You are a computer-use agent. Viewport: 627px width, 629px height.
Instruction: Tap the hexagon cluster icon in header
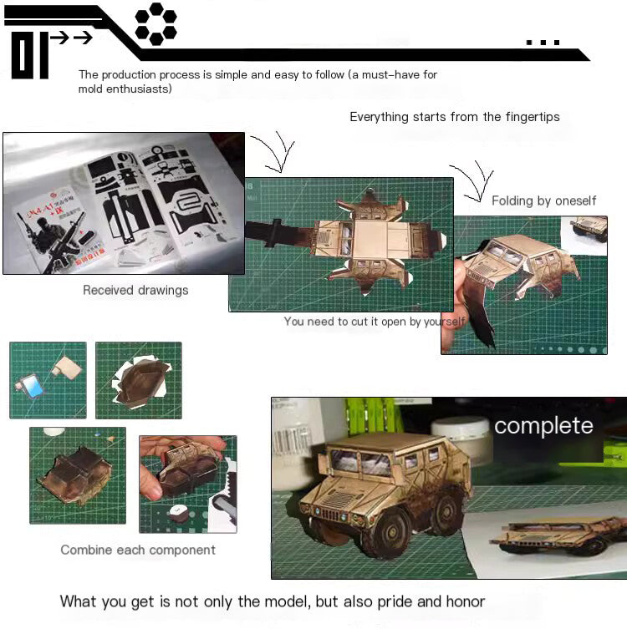pos(155,23)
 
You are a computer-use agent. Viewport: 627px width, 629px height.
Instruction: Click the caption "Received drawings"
pos(135,291)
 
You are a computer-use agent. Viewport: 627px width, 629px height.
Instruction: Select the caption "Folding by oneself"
pos(543,200)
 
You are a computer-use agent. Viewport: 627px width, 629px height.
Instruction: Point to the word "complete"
pos(543,426)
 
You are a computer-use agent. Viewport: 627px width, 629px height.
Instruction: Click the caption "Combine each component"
pos(138,550)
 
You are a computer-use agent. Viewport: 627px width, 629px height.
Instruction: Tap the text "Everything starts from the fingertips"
pos(455,117)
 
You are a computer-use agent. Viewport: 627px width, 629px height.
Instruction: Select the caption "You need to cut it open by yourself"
pos(375,322)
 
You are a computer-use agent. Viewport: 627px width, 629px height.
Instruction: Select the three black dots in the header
pos(543,42)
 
